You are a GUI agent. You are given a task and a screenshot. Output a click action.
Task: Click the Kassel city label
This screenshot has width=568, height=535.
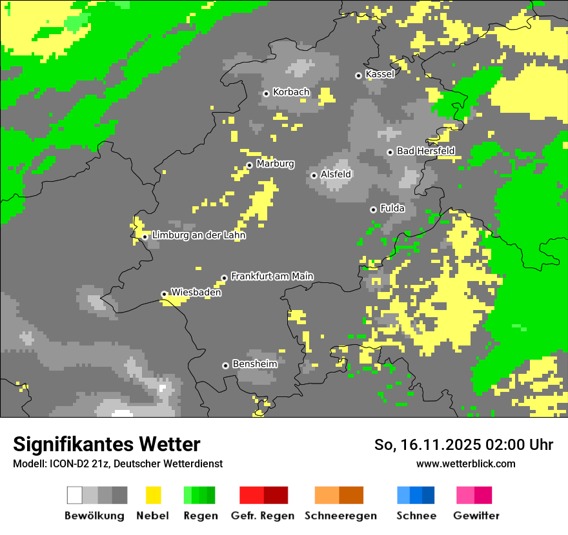pyautogui.click(x=380, y=74)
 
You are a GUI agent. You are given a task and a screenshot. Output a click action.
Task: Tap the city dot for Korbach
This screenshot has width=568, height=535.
pyautogui.click(x=266, y=93)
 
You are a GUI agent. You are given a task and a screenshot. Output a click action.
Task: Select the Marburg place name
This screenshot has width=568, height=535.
pyautogui.click(x=275, y=164)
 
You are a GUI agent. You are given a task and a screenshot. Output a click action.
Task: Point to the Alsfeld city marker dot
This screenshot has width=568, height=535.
pyautogui.click(x=314, y=175)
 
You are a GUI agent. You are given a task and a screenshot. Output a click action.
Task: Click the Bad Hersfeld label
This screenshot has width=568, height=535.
pyautogui.click(x=425, y=151)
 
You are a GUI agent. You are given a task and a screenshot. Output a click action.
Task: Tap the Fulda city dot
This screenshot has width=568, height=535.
pyautogui.click(x=373, y=209)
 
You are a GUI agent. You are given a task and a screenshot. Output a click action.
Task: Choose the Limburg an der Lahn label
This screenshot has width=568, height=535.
pyautogui.click(x=199, y=235)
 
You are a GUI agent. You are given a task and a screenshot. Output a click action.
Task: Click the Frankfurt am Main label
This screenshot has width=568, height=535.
pyautogui.click(x=272, y=276)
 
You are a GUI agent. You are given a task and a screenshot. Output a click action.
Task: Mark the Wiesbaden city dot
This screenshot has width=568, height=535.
pyautogui.click(x=164, y=294)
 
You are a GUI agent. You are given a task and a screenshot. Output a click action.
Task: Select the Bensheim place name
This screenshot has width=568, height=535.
pyautogui.click(x=255, y=364)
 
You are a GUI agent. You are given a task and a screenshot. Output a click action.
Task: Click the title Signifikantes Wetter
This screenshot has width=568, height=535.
pyautogui.click(x=107, y=444)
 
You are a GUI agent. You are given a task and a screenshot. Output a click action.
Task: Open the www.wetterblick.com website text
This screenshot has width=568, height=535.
pyautogui.click(x=466, y=463)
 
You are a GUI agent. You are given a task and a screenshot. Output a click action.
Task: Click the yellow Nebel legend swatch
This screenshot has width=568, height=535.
pyautogui.click(x=153, y=495)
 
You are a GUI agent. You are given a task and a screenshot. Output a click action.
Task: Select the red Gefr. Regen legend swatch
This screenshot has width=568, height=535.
pyautogui.click(x=263, y=495)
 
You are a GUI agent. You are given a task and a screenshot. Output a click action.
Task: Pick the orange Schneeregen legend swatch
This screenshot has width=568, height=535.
pyautogui.click(x=339, y=495)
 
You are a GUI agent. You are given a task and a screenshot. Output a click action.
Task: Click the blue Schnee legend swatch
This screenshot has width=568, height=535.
pyautogui.click(x=416, y=495)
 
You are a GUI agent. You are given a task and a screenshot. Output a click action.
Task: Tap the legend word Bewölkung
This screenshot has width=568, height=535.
pyautogui.click(x=94, y=516)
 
